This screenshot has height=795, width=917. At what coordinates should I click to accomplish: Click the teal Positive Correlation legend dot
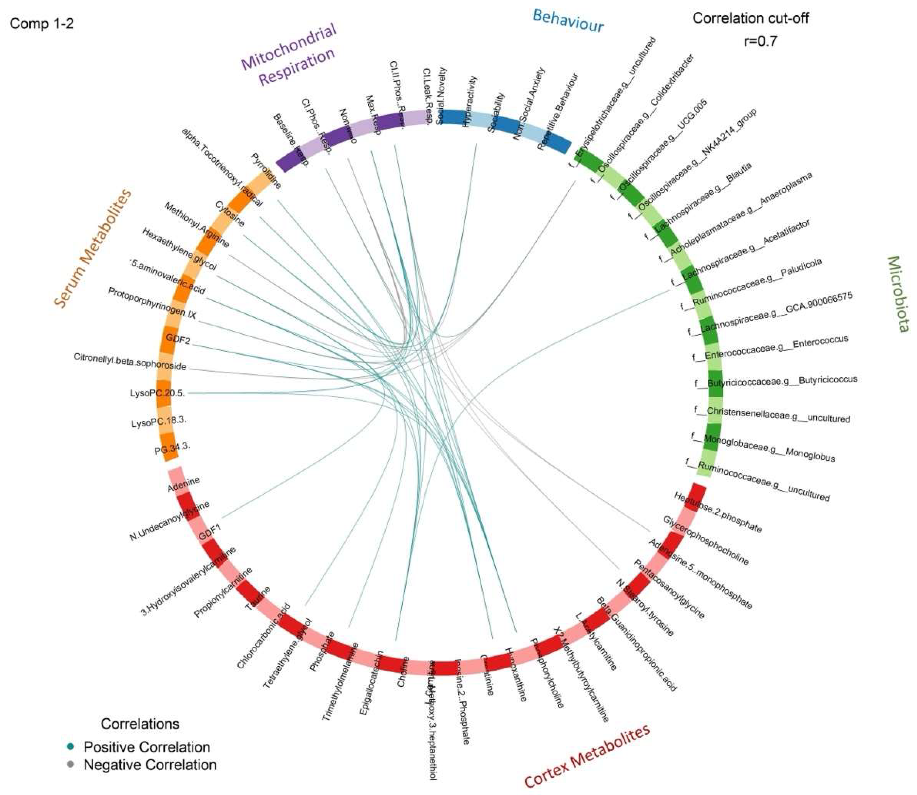pos(70,747)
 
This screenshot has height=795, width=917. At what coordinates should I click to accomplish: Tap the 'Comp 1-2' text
pos(42,23)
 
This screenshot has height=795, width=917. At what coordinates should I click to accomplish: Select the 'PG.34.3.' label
pos(172,450)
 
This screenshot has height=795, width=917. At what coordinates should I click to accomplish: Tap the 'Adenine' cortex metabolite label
pos(183,484)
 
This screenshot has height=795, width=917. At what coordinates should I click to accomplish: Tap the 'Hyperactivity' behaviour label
pos(469,102)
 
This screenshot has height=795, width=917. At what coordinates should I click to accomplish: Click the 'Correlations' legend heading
pos(140,724)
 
